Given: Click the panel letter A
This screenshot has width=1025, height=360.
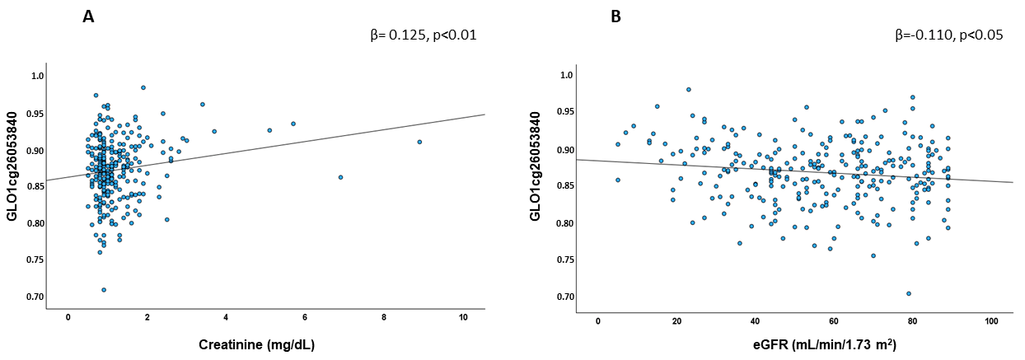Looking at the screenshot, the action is [88, 17].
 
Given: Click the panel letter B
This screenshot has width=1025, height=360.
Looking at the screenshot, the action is [616, 17].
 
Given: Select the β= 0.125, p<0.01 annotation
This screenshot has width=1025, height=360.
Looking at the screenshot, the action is [424, 35].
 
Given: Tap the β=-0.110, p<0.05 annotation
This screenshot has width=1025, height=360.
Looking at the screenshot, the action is [949, 35].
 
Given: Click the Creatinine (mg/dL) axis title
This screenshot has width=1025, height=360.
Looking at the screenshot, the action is [257, 345].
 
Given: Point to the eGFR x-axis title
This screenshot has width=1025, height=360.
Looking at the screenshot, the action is [825, 344].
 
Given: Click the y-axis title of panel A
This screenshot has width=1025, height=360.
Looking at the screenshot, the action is [12, 166].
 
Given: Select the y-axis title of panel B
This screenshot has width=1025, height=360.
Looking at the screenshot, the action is [535, 166].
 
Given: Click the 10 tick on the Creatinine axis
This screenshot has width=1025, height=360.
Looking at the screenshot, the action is [463, 317].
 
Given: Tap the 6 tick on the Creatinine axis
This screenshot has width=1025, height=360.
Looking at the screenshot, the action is [305, 317].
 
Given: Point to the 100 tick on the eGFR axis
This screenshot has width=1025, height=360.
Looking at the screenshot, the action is [991, 321].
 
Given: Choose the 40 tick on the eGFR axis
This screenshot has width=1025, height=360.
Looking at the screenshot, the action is [755, 321].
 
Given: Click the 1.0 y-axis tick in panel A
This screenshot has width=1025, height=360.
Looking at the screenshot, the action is [38, 76].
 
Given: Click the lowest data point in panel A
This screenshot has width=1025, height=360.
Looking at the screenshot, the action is [104, 290].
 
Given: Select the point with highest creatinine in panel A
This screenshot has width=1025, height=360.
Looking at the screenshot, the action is [419, 142].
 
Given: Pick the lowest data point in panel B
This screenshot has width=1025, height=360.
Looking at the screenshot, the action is [909, 293].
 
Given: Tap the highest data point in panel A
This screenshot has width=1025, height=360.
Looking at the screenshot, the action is [143, 87].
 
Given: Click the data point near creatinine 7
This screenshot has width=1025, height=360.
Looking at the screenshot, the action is [340, 177].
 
